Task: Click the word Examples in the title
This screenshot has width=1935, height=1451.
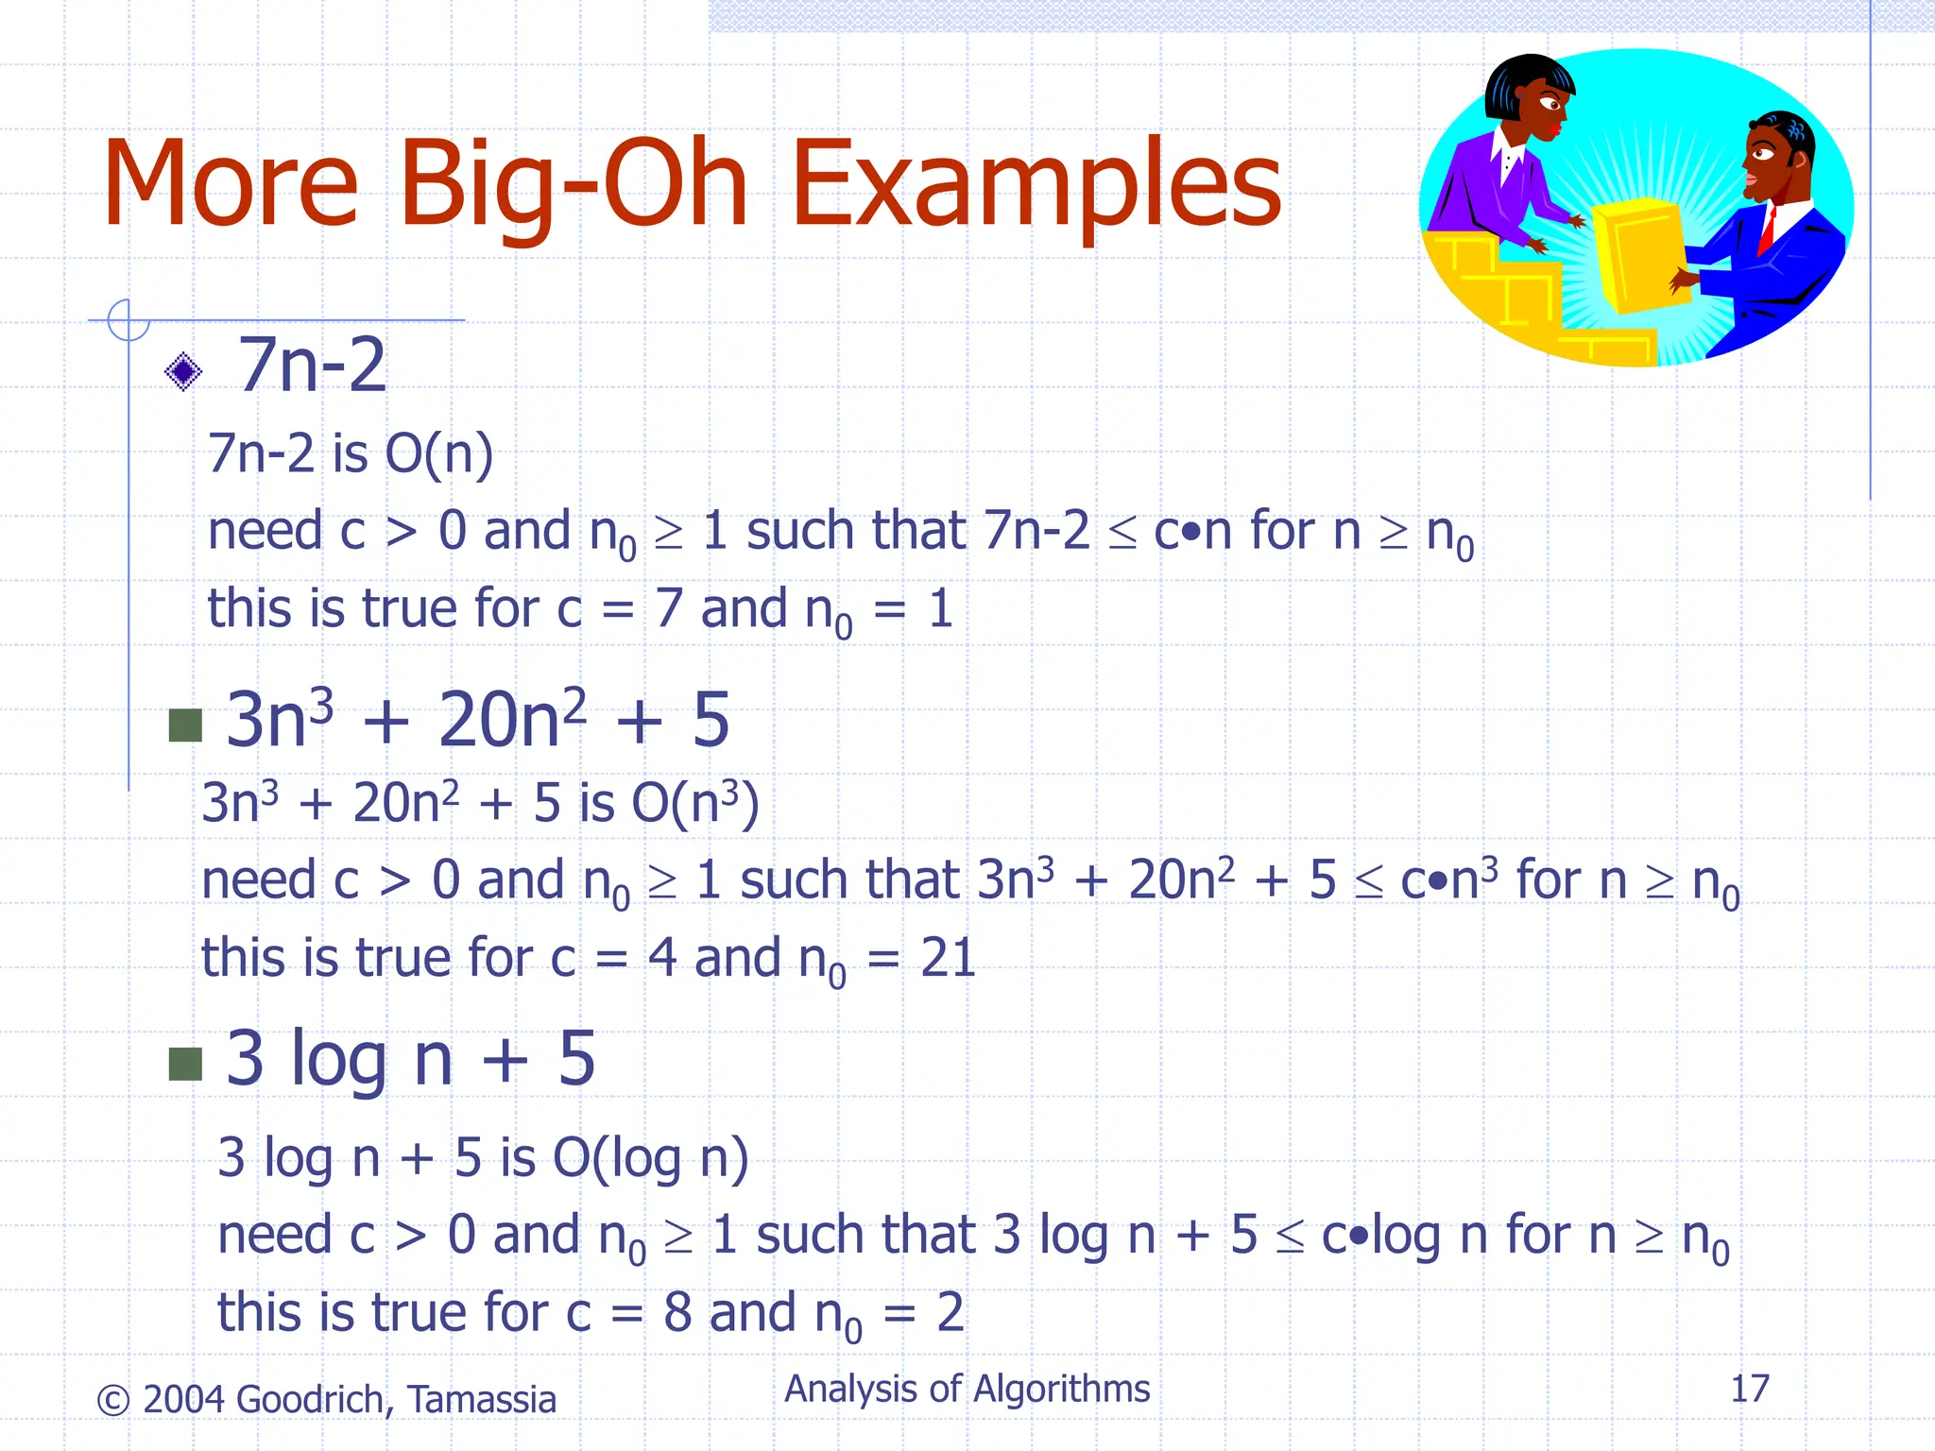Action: pyautogui.click(x=1036, y=184)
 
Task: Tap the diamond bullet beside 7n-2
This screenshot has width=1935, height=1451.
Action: pyautogui.click(x=183, y=371)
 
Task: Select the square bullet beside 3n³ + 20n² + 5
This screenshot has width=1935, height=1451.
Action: pyautogui.click(x=185, y=725)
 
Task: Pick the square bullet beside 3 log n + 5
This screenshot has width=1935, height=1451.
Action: pyautogui.click(x=185, y=1064)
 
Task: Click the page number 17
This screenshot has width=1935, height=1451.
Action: pyautogui.click(x=1749, y=1389)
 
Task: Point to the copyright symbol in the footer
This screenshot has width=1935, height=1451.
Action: pyautogui.click(x=113, y=1400)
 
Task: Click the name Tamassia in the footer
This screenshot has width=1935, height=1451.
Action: pyautogui.click(x=482, y=1399)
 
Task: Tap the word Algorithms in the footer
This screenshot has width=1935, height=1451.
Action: pyautogui.click(x=1062, y=1389)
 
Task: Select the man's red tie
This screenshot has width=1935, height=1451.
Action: pyautogui.click(x=1766, y=231)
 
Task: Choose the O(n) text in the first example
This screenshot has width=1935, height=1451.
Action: pyautogui.click(x=439, y=453)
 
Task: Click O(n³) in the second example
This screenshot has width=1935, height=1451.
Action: pyautogui.click(x=695, y=803)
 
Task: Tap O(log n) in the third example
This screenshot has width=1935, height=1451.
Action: pyautogui.click(x=651, y=1158)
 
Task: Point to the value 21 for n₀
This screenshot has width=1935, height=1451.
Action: pyautogui.click(x=948, y=958)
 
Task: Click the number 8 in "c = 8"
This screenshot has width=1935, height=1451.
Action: pyautogui.click(x=677, y=1312)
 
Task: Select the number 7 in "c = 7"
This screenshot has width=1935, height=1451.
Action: pyautogui.click(x=668, y=608)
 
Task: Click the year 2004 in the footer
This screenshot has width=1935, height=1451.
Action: pyautogui.click(x=183, y=1399)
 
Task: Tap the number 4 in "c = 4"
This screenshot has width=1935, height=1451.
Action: pyautogui.click(x=661, y=958)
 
